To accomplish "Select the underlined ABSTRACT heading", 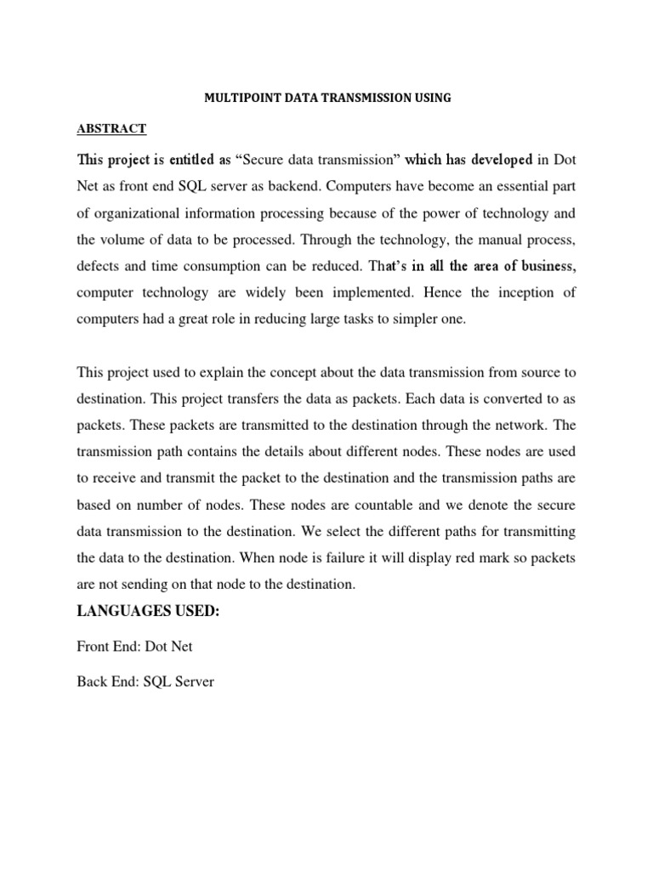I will tap(111, 129).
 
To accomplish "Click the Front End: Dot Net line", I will tap(134, 647).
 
